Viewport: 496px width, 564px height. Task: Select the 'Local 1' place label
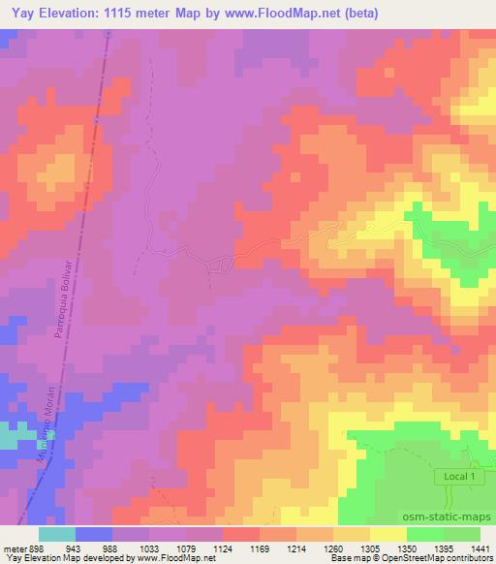460,477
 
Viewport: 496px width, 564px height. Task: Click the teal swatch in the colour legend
57,534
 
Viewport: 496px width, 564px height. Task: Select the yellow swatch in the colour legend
388,534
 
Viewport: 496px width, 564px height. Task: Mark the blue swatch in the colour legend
94,534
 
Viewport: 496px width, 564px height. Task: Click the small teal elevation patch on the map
8,438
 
